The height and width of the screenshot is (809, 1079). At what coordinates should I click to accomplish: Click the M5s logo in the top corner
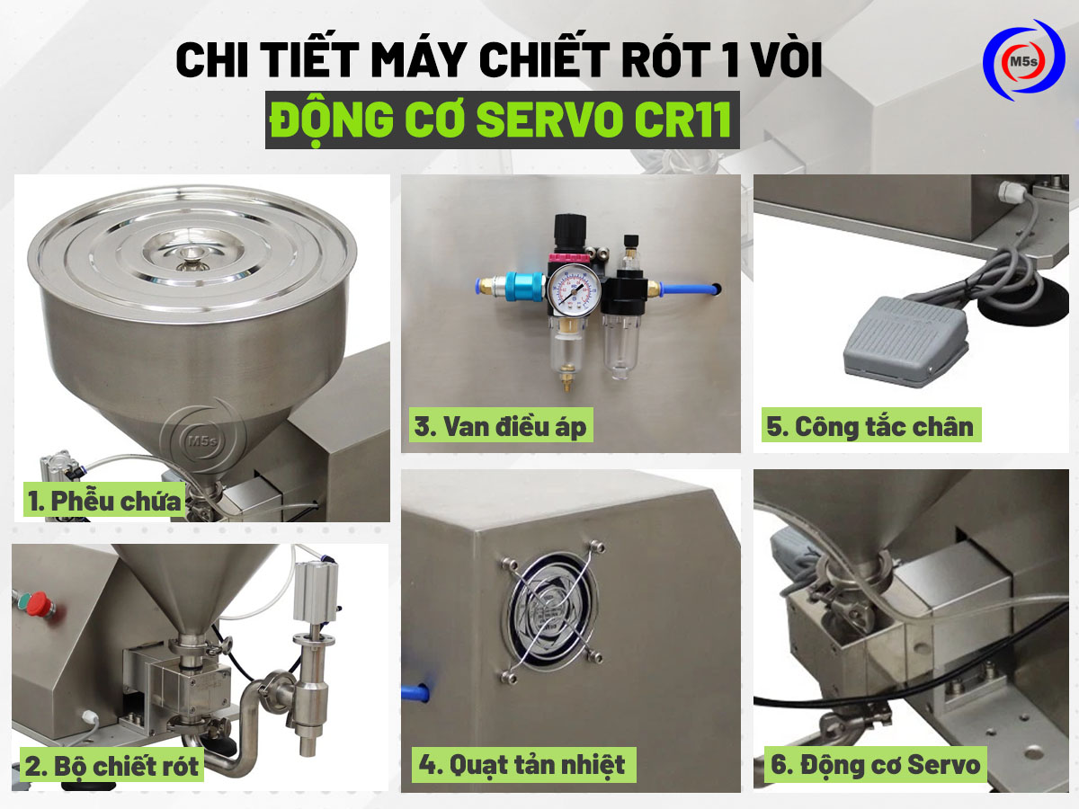pos(1022,61)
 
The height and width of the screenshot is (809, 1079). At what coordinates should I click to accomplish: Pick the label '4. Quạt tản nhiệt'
pos(522,765)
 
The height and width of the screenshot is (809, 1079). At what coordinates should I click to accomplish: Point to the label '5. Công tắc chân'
pos(869,426)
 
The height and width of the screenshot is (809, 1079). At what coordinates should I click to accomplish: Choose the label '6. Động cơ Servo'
pos(874,766)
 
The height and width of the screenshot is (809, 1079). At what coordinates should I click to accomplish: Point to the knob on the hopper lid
pos(190,258)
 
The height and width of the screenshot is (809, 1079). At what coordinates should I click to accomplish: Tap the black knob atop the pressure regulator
pos(568,228)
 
